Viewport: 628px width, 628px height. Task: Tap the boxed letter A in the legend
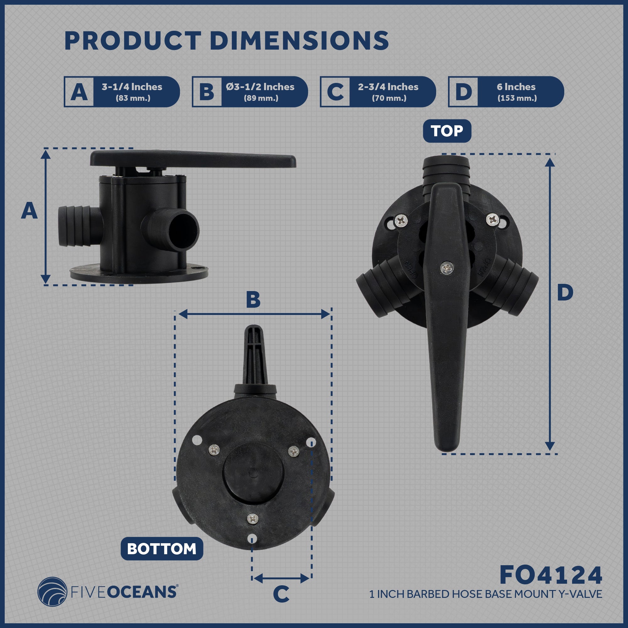click(x=79, y=92)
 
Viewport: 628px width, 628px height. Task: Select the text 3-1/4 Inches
click(x=132, y=87)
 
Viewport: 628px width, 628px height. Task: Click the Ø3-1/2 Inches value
click(x=260, y=87)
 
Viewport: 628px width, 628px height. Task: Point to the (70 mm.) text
click(x=389, y=98)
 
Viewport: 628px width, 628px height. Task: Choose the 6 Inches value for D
click(x=516, y=87)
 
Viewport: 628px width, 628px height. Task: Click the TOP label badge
click(x=447, y=131)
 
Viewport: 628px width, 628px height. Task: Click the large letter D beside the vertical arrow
click(x=565, y=293)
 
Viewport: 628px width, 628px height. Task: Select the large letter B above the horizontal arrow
click(x=253, y=299)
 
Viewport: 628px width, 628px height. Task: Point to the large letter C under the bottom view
click(x=281, y=594)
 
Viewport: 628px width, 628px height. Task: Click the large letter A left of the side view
click(x=29, y=211)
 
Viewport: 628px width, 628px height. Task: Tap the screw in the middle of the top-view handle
click(x=447, y=268)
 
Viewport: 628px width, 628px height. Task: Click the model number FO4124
click(x=551, y=575)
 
